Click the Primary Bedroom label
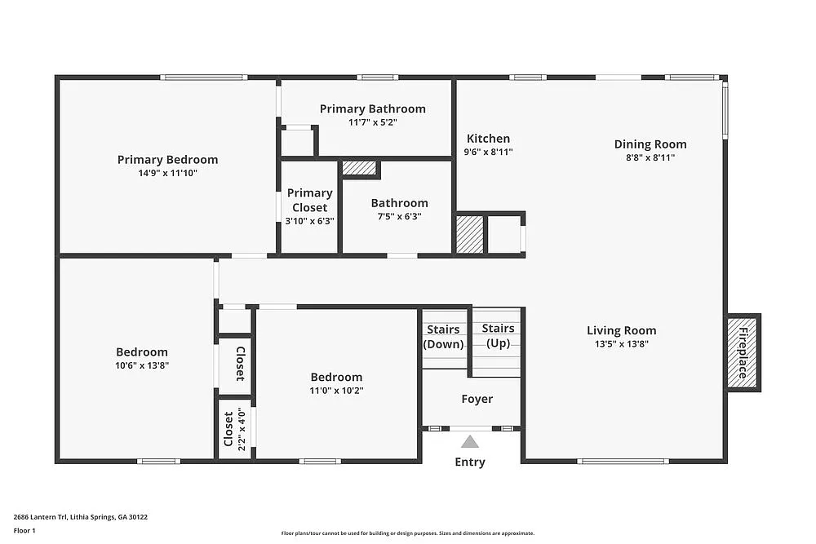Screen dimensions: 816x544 click(167, 160)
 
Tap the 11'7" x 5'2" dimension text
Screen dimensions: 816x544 click(373, 122)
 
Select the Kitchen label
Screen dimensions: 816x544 click(488, 139)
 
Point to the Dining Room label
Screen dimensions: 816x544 click(650, 144)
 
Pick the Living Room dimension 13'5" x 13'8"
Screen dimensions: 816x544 click(621, 343)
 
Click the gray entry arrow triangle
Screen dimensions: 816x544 click(470, 441)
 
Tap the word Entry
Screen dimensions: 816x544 click(470, 462)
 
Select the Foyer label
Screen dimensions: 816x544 click(477, 399)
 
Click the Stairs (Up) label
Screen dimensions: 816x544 click(498, 336)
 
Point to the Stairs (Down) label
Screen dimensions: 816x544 click(443, 337)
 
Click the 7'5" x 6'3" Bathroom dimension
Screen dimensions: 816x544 click(400, 216)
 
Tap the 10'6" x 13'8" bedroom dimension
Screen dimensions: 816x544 click(142, 365)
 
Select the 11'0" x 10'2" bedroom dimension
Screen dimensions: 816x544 click(336, 391)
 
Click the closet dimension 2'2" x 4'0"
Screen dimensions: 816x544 click(242, 428)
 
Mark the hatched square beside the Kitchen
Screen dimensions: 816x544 click(470, 234)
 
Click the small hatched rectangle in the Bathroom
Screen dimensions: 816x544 click(359, 167)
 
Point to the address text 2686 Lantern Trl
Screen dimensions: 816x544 click(40, 517)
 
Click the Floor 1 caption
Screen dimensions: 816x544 click(24, 530)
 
